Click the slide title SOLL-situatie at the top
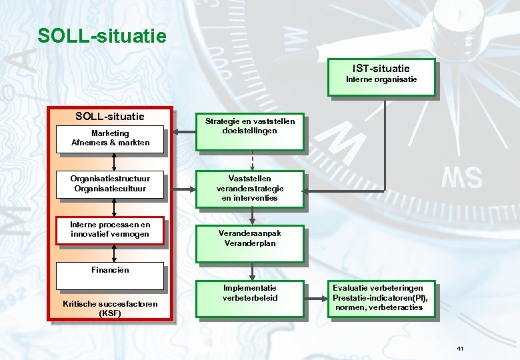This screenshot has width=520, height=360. [102, 35]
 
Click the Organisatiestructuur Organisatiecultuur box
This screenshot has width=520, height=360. [111, 183]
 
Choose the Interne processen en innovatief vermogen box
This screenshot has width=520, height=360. [111, 230]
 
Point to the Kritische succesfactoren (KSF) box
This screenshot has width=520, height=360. [111, 308]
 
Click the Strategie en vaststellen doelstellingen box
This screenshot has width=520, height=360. [250, 131]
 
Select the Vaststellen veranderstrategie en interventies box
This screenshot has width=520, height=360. [250, 189]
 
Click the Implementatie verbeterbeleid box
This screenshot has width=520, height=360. [250, 299]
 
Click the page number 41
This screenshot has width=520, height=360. [461, 349]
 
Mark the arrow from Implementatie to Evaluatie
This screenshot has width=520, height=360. [315, 298]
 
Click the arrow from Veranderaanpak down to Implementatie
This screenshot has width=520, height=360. [252, 271]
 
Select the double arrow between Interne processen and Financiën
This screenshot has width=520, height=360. [115, 252]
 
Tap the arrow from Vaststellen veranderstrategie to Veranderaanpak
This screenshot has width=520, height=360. [252, 215]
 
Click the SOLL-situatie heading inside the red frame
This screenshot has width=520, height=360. [110, 117]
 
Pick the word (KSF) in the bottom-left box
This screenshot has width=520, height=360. [110, 313]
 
